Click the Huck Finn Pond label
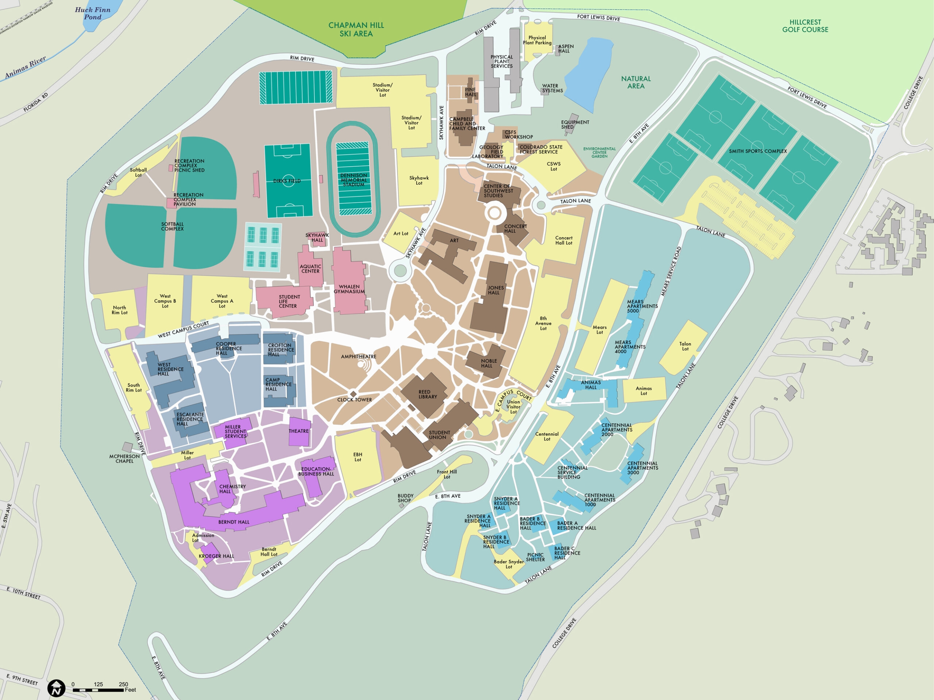pyautogui.click(x=92, y=13)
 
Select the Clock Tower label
pyautogui.click(x=354, y=400)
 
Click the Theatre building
pyautogui.click(x=300, y=431)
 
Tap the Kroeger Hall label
pyautogui.click(x=216, y=556)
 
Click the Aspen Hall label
pyautogui.click(x=566, y=48)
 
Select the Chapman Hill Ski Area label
pyautogui.click(x=356, y=29)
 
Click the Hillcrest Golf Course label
pyautogui.click(x=805, y=26)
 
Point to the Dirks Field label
pyautogui.click(x=287, y=181)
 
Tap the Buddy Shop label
pyautogui.click(x=405, y=498)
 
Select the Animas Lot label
pyautogui.click(x=644, y=391)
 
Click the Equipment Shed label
pyautogui.click(x=575, y=124)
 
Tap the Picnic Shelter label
pyautogui.click(x=535, y=557)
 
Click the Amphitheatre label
pyautogui.click(x=359, y=357)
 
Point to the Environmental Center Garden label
pyautogui.click(x=599, y=152)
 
